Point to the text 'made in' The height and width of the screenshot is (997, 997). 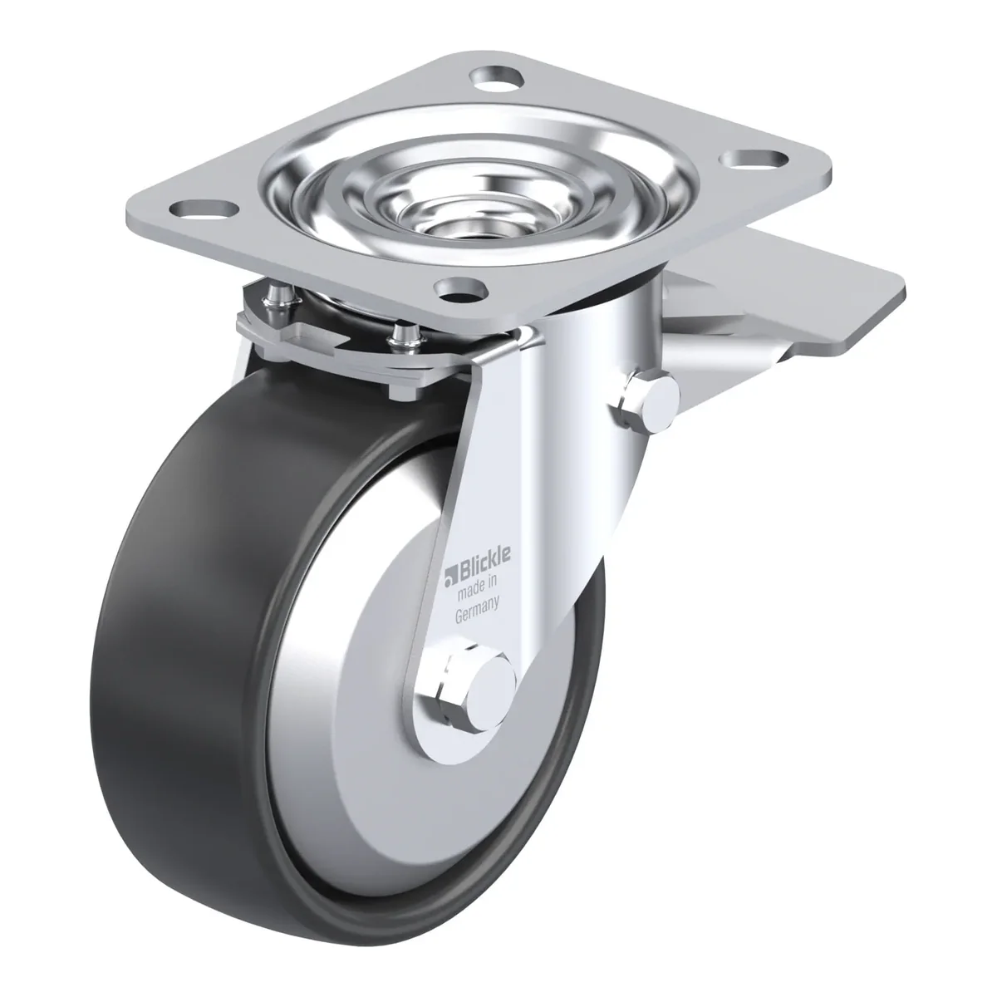[x=477, y=590]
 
